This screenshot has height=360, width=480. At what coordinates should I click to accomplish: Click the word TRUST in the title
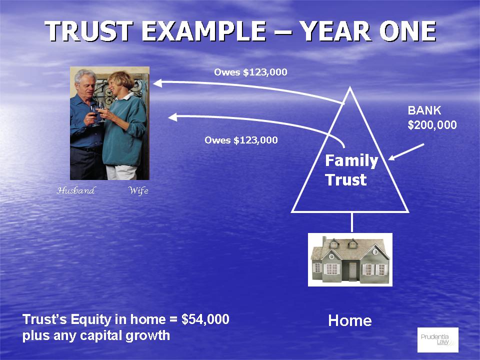coord(89,31)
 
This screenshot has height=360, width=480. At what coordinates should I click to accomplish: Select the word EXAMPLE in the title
coord(204,31)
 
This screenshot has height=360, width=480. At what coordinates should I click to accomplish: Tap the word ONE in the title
coord(407,31)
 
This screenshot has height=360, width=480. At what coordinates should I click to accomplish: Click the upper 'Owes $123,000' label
coord(250,72)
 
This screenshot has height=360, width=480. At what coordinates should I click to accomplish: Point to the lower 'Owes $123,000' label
coord(241,140)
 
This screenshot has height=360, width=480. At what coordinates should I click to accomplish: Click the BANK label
coord(424,110)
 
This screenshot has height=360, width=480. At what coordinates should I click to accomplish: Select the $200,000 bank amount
coord(432,125)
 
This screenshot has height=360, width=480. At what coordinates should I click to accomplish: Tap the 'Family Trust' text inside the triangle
coord(351,170)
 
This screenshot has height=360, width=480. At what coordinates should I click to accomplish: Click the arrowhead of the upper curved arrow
coord(157,83)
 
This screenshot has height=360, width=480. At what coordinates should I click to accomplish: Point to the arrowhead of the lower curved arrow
coord(172,117)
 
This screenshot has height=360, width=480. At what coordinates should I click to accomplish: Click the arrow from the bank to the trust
coord(406,152)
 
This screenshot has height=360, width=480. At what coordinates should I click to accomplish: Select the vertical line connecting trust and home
coord(351,222)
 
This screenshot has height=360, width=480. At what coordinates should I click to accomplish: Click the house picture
coord(350,259)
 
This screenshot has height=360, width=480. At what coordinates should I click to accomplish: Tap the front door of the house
coord(353,271)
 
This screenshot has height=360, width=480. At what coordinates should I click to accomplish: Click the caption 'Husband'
coord(76,190)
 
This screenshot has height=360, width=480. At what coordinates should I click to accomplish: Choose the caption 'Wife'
coord(138,190)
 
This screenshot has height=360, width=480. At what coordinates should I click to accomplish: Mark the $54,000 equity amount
coord(205,319)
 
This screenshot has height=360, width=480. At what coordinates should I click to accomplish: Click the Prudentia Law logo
coord(438,340)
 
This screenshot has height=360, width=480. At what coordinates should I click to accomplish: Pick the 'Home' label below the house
coord(350,321)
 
